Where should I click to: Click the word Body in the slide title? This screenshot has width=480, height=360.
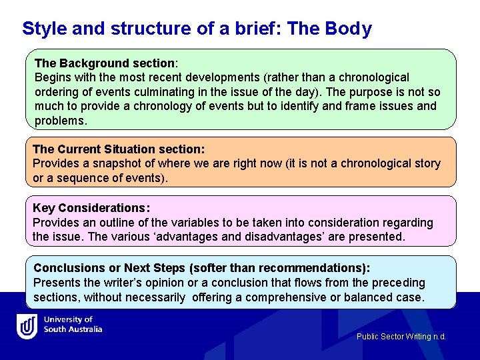349,29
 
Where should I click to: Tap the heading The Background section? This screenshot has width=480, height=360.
105,63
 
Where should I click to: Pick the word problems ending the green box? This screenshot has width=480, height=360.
61,121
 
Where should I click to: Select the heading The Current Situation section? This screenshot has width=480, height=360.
119,149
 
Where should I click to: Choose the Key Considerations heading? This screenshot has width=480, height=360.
91,208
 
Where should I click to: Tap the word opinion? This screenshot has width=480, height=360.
163,283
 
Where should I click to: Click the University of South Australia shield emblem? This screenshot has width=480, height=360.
27,326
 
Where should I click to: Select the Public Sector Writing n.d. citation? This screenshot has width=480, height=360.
401,337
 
